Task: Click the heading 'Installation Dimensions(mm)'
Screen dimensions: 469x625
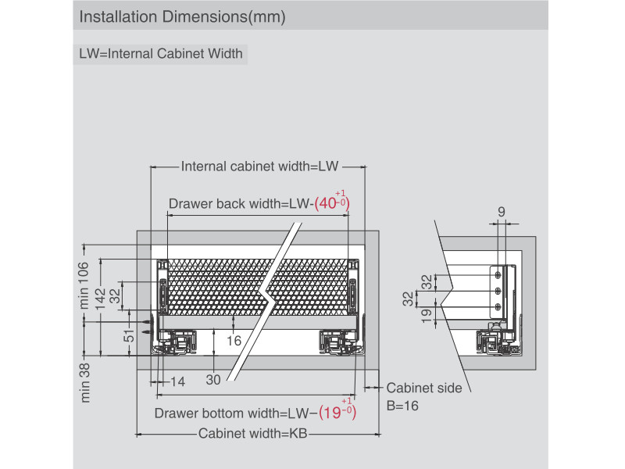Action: (x=182, y=16)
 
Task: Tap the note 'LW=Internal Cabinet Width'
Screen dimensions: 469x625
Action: (x=161, y=55)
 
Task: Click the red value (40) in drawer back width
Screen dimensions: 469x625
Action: (x=331, y=205)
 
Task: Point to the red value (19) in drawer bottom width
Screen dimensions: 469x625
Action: (x=337, y=412)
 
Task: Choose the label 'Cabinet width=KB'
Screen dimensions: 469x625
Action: (x=251, y=434)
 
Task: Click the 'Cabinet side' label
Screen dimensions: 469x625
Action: (x=424, y=388)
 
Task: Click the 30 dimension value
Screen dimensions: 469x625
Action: (x=213, y=381)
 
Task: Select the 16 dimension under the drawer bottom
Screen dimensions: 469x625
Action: (x=234, y=340)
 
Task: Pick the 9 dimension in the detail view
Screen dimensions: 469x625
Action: (x=501, y=211)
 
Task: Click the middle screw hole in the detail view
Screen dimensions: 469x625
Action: (x=498, y=290)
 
